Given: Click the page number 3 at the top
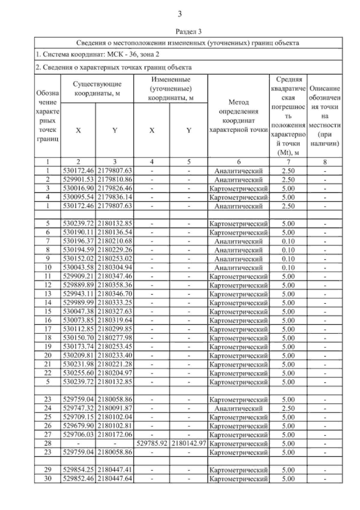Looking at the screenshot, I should [x=180, y=14].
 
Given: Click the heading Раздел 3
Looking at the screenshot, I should [x=188, y=31].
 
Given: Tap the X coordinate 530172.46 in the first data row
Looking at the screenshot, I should [x=78, y=171].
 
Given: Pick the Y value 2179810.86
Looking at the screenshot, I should [x=115, y=180].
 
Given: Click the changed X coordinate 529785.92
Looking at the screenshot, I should [x=151, y=443].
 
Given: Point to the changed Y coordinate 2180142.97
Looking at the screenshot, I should [x=189, y=443].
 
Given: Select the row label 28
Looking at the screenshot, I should [x=47, y=443].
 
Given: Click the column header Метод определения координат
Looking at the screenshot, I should [x=238, y=116].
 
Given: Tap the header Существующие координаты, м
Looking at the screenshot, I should [x=97, y=89].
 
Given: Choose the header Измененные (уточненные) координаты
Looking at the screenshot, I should [x=171, y=89].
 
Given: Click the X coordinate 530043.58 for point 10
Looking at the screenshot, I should [x=78, y=268].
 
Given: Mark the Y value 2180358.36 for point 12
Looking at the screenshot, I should [x=115, y=285].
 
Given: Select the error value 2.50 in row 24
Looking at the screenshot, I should [x=288, y=408].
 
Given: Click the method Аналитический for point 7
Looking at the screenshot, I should [x=238, y=241].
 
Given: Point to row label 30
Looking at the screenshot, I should [x=47, y=478].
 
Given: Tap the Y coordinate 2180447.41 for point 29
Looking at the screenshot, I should [x=115, y=470].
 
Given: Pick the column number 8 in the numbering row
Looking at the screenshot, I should [x=325, y=162].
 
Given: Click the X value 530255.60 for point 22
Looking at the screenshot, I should [x=78, y=373].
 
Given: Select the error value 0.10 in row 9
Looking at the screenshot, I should [x=288, y=259].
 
